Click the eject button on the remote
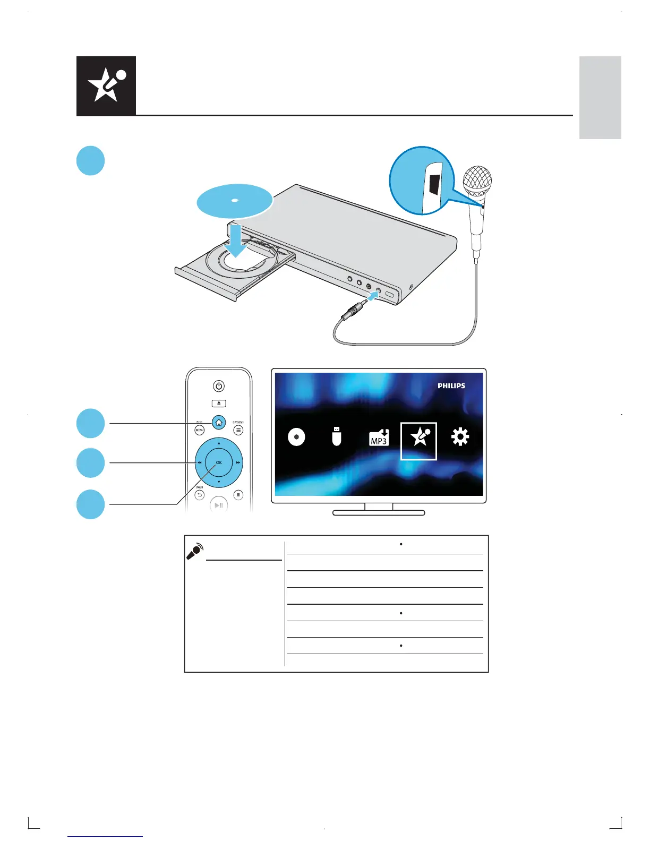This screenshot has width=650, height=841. point(219,404)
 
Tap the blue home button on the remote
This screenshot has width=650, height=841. point(219,423)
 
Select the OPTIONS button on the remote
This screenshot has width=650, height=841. point(238,430)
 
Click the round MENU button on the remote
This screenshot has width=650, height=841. point(200,430)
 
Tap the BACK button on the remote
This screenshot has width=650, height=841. point(199,495)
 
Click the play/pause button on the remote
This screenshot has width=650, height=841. point(218,505)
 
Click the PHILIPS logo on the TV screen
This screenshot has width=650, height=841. point(451,386)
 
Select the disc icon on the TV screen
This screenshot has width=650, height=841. point(296,437)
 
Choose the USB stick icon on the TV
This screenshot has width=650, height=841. point(336,436)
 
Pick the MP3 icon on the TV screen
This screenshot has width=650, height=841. point(379,437)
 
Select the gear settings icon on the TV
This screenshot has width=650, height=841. point(460,437)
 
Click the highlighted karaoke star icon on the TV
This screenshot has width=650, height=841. point(419,440)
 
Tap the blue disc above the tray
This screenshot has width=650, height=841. point(234,201)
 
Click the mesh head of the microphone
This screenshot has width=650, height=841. point(477,181)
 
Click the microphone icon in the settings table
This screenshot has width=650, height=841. point(194,551)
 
